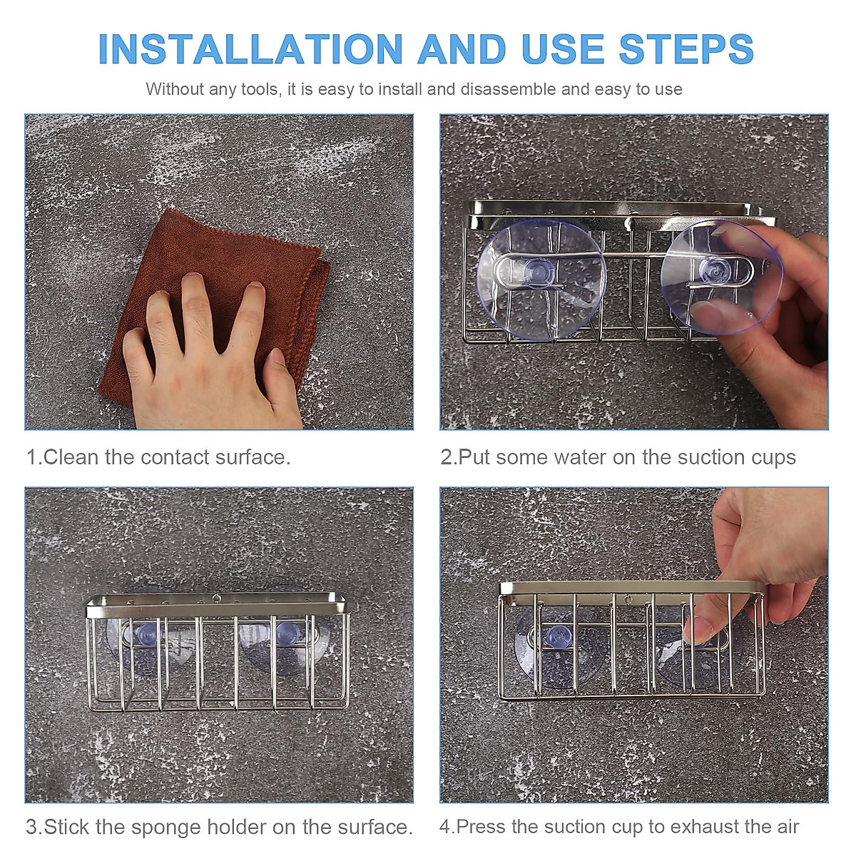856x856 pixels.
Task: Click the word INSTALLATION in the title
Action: [250, 49]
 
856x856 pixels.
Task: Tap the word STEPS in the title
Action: [686, 49]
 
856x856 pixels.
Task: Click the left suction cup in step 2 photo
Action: [541, 280]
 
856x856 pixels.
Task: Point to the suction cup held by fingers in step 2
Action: [721, 276]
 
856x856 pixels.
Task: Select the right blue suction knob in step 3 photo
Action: [287, 634]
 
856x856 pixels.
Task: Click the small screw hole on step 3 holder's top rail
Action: [216, 598]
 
